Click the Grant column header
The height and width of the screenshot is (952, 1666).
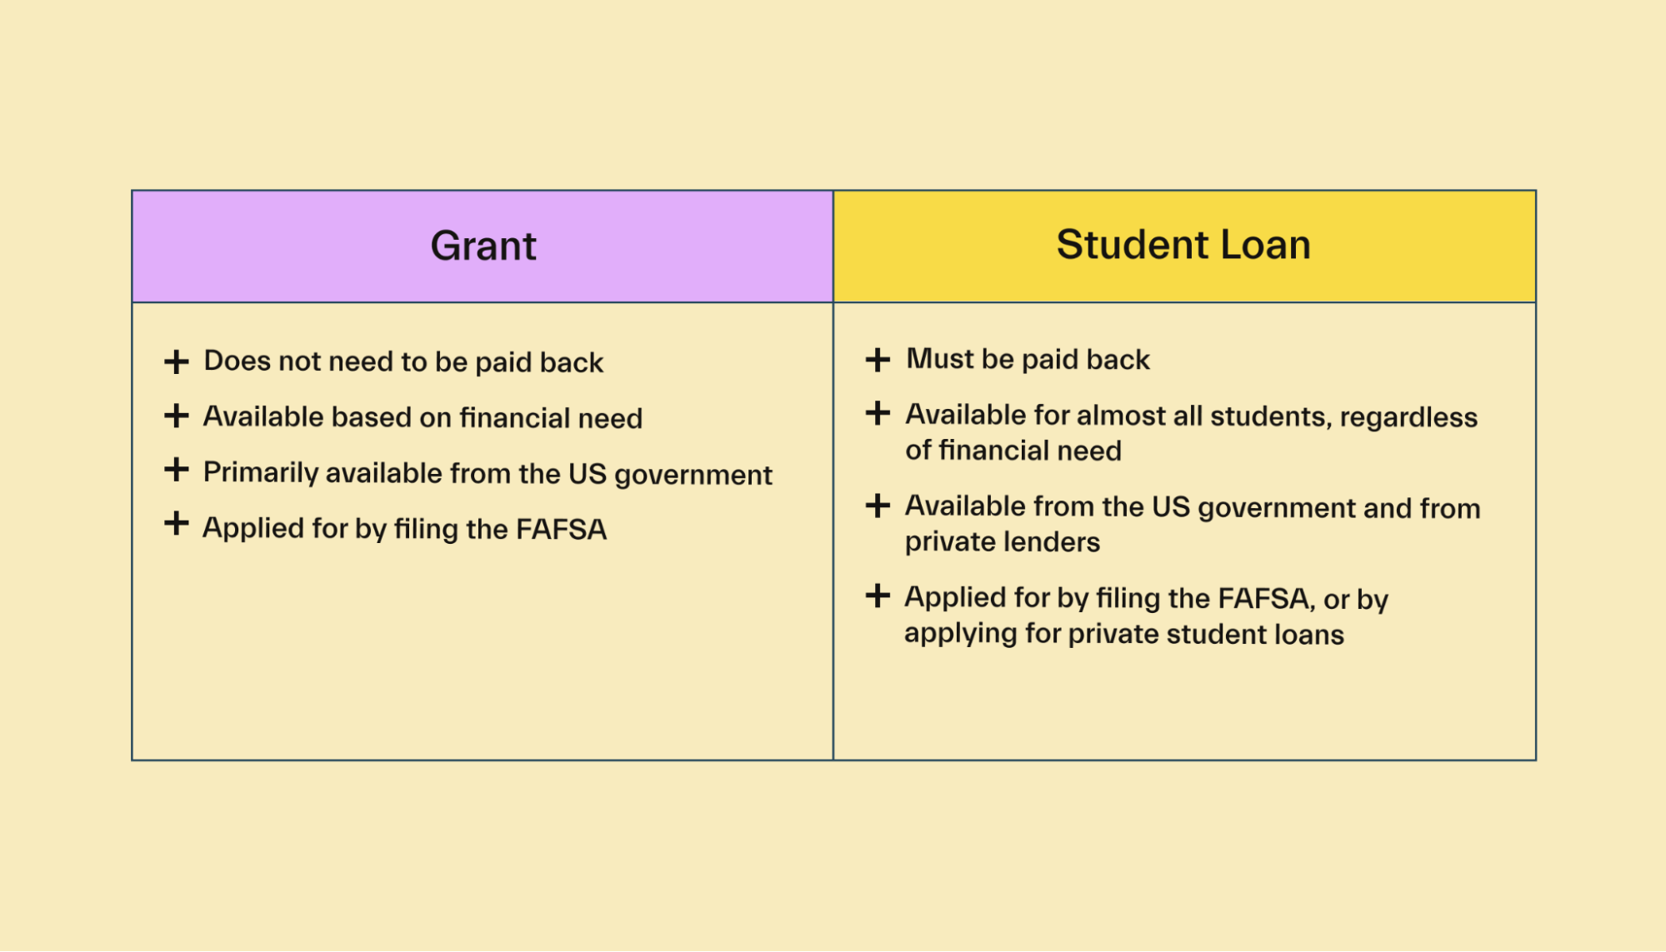tap(483, 246)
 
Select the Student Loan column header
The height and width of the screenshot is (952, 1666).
tap(1183, 245)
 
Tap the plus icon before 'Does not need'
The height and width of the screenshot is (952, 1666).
tap(176, 361)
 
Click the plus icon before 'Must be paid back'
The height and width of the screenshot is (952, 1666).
tap(878, 359)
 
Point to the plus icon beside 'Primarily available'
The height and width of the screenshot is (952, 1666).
tap(176, 469)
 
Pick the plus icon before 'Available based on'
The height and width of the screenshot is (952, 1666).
tap(176, 415)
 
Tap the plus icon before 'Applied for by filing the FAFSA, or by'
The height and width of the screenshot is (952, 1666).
tap(878, 596)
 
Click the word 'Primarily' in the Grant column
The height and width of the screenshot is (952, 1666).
tap(261, 473)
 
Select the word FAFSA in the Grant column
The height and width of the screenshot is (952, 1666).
tap(561, 529)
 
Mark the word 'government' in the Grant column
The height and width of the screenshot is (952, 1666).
tap(693, 475)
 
